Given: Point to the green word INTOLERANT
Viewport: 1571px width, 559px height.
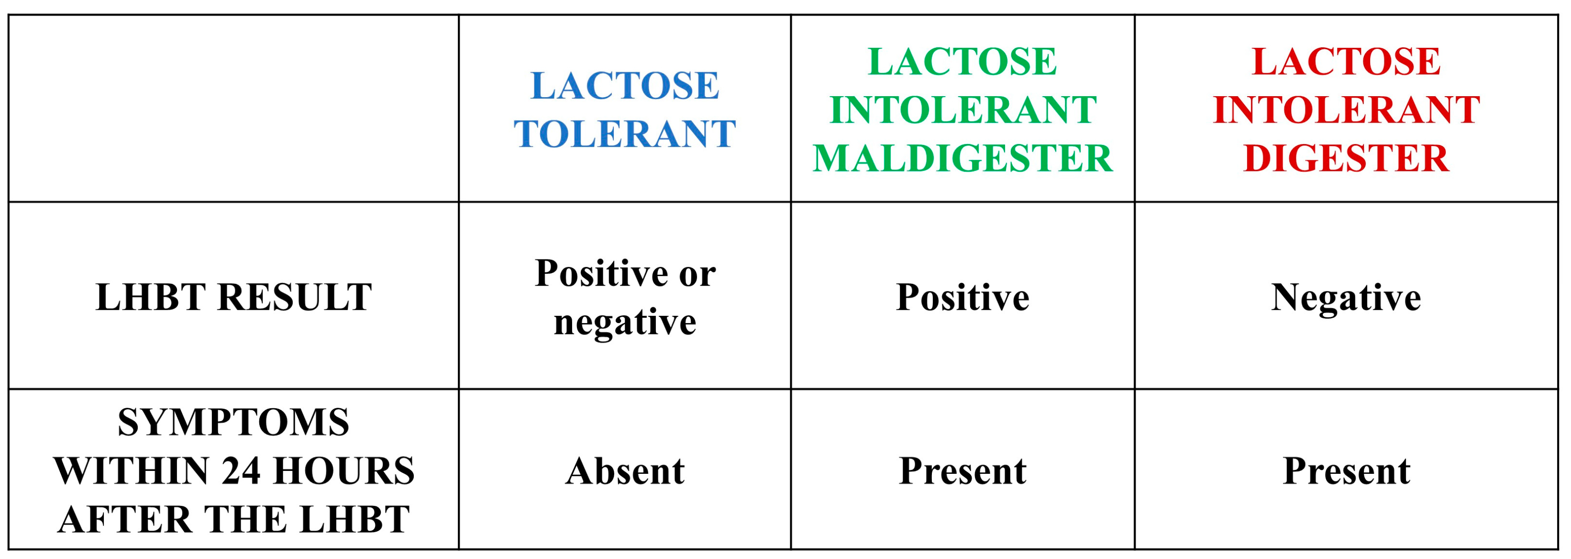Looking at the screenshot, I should click(x=963, y=110).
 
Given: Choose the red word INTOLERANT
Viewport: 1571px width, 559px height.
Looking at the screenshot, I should click(x=1346, y=110).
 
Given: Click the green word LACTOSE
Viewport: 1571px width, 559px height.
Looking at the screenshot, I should click(x=963, y=62).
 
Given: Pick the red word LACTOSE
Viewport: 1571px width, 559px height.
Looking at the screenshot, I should click(x=1346, y=62).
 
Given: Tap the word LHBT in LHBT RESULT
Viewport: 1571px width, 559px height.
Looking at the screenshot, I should click(x=151, y=297).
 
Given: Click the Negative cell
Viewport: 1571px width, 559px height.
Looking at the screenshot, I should click(x=1346, y=297).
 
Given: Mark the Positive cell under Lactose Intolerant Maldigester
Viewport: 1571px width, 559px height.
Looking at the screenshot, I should click(x=963, y=297).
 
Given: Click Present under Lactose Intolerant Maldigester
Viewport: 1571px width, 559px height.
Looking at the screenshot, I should click(x=963, y=471).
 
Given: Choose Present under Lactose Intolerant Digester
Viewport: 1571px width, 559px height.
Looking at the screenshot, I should click(x=1346, y=471).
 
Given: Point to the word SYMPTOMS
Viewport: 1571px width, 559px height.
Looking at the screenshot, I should click(x=233, y=422).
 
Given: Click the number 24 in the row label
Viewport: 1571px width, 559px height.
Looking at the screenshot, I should click(x=243, y=471).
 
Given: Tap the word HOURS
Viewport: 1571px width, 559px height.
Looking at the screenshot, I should click(x=344, y=471).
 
